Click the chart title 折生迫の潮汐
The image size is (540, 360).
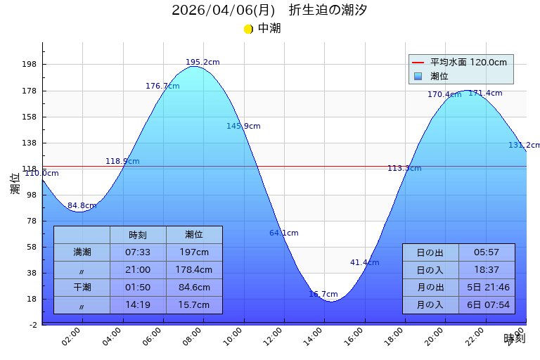328,11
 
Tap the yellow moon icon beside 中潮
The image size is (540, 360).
248,29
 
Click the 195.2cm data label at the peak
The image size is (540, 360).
202,63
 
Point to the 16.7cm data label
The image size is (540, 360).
323,294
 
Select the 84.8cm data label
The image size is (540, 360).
82,206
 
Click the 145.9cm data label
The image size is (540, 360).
243,127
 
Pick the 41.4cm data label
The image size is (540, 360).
364,263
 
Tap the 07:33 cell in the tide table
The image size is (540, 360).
138,252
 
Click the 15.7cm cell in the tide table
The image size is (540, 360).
194,305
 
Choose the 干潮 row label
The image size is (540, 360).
82,288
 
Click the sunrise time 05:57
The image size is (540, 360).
487,252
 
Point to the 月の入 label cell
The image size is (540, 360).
430,305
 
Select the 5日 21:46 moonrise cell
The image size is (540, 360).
487,288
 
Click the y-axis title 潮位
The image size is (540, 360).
15,184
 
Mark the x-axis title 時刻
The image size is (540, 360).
514,339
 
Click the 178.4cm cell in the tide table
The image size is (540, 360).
194,270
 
